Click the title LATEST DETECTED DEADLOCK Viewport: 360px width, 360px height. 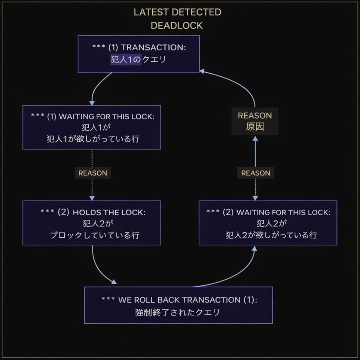pyautogui.click(x=177, y=19)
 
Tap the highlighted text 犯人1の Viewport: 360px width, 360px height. pyautogui.click(x=126, y=59)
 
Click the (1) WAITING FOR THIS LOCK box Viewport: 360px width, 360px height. pyautogui.click(x=92, y=127)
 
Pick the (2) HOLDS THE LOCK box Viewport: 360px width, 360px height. pyautogui.click(x=92, y=223)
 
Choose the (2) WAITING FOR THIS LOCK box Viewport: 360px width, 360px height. pyautogui.click(x=268, y=223)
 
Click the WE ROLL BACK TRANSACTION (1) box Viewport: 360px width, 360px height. pyautogui.click(x=178, y=305)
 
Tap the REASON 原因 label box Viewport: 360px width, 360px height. pyautogui.click(x=255, y=121)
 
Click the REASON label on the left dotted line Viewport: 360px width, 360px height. pyautogui.click(x=92, y=173)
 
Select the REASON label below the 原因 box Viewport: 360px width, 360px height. pyautogui.click(x=256, y=173)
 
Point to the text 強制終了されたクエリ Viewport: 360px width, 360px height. pyautogui.click(x=178, y=312)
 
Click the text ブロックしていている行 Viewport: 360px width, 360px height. pyautogui.click(x=95, y=235)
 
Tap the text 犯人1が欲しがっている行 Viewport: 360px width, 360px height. pyautogui.click(x=93, y=139)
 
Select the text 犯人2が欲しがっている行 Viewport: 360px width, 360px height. pyautogui.click(x=271, y=235)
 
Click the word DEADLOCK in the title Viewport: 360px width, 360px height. pyautogui.click(x=176, y=25)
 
